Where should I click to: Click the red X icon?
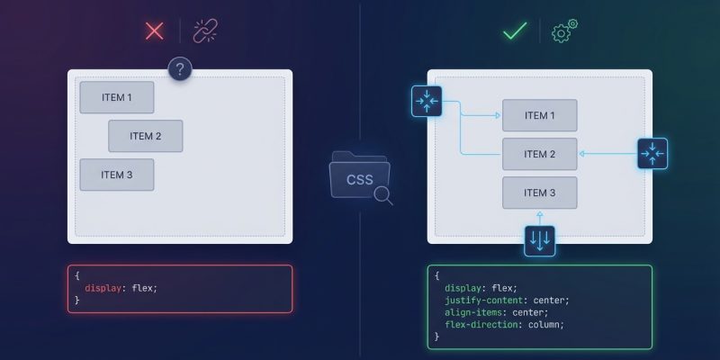coord(155,31)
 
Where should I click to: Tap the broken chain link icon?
coord(206,31)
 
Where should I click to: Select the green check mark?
coord(515,31)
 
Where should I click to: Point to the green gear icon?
coord(564,31)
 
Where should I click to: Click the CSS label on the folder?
coord(359,179)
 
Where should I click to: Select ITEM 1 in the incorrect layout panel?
coord(117,97)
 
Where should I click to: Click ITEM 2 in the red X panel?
coord(146,136)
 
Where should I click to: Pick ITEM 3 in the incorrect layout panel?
coord(117,175)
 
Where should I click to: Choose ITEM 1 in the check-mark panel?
coord(539,115)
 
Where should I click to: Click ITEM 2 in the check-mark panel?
coord(539,154)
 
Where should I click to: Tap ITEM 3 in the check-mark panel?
coord(539,193)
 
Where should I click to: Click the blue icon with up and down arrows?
coord(540,240)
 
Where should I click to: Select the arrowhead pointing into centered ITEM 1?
coord(497,115)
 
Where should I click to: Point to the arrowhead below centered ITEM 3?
coord(540,214)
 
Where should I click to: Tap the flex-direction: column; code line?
coord(504,324)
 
